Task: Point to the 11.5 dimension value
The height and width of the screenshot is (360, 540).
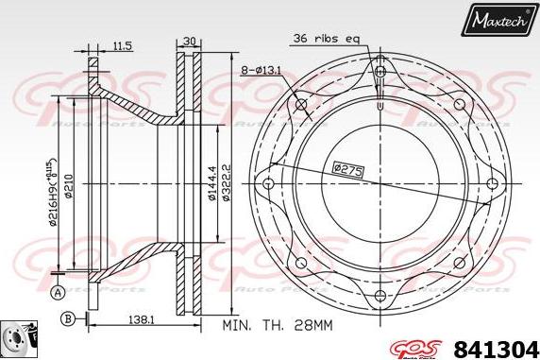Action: click(122, 45)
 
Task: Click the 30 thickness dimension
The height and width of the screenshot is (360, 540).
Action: click(189, 41)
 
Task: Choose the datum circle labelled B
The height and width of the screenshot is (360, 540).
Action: click(68, 320)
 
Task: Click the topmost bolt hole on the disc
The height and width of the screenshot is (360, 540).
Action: click(380, 69)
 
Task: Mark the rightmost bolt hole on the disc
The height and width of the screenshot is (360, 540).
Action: click(492, 182)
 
